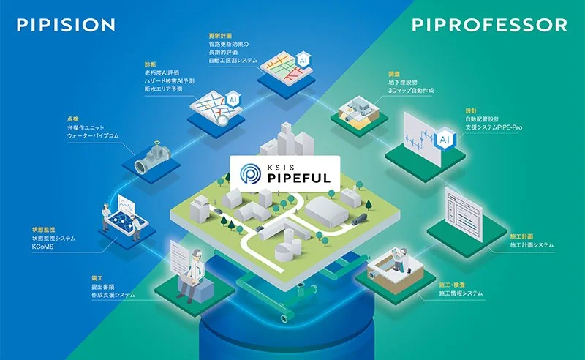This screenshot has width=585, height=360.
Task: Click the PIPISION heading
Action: (x=65, y=25)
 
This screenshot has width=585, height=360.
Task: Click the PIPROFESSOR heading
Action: (x=489, y=25)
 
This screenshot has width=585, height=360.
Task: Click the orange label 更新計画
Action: (x=220, y=34)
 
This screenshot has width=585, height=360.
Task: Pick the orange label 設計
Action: (x=471, y=109)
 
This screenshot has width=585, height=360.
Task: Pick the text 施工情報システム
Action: (x=460, y=293)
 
